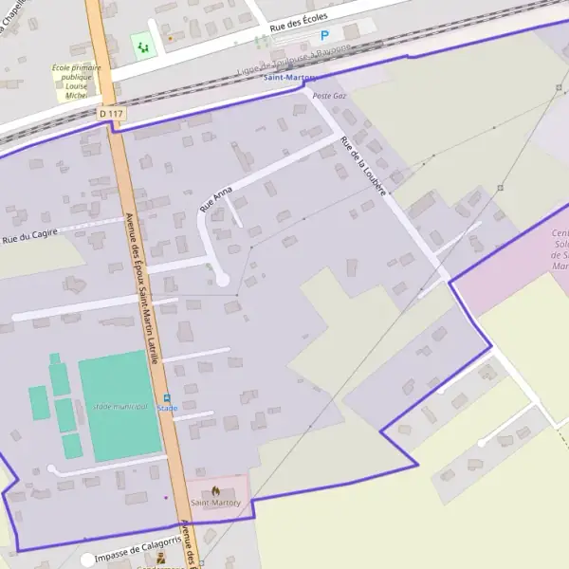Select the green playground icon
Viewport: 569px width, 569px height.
(143, 45)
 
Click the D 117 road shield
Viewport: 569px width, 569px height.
(111, 114)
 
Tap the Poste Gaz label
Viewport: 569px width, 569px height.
(328, 97)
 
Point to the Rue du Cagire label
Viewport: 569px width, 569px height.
(29, 235)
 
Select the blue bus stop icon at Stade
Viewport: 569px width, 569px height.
(167, 398)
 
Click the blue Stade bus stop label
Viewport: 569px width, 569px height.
(167, 409)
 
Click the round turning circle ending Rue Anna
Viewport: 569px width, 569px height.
(223, 279)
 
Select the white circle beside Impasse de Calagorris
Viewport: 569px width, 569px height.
(88, 560)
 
